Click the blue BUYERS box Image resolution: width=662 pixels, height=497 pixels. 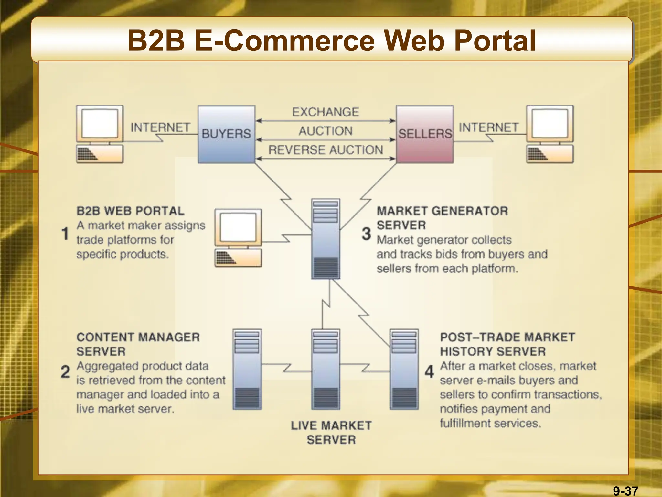pos(226,134)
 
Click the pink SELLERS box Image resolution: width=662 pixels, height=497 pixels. pos(425,134)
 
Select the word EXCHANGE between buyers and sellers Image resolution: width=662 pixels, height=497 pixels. pos(325,112)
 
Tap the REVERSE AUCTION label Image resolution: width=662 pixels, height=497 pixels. pos(325,150)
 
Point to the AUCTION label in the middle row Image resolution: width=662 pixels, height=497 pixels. pos(325,131)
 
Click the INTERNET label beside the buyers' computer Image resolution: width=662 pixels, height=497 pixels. pos(160,127)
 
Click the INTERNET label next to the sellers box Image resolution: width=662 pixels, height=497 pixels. pos(488,127)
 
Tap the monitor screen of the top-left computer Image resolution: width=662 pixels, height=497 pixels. pos(100,123)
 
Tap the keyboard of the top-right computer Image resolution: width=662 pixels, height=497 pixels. pos(550,154)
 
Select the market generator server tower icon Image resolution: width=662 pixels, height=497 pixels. pos(326,239)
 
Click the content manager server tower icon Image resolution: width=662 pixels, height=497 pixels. pos(247,370)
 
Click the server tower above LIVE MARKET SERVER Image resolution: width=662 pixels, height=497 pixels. pos(326,370)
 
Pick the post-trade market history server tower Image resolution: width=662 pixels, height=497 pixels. pos(404,370)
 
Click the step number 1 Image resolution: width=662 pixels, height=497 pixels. pos(65,234)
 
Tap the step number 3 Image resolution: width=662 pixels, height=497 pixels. pos(366,234)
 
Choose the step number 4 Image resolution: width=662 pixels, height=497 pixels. pos(429,372)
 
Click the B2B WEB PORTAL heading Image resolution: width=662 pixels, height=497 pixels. pos(130,211)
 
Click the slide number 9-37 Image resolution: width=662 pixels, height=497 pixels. pos(625,491)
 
